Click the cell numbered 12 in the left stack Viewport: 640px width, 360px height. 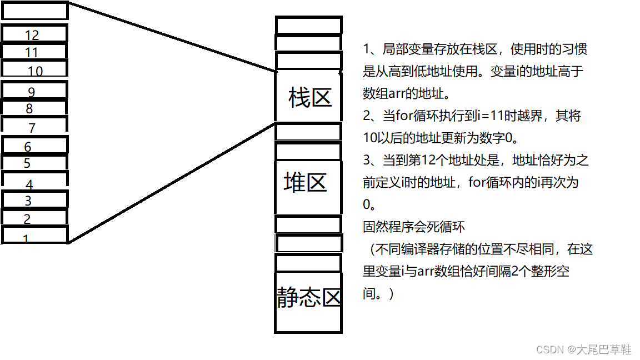click(x=34, y=34)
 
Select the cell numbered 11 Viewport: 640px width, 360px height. click(x=34, y=52)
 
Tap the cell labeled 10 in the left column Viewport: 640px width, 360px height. click(x=34, y=69)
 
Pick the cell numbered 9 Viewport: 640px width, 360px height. click(x=34, y=91)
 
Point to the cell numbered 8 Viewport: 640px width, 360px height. click(x=34, y=108)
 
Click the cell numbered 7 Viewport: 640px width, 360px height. click(x=34, y=126)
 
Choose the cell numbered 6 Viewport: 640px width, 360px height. click(x=34, y=146)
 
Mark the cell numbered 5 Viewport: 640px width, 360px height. click(x=34, y=163)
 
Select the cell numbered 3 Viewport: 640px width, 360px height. click(x=34, y=200)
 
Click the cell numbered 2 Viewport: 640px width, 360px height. click(x=34, y=218)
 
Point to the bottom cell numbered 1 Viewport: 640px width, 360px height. click(x=34, y=236)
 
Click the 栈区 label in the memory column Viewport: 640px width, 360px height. click(x=309, y=98)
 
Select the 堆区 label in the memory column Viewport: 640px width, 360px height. click(x=306, y=182)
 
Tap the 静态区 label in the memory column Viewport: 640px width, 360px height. click(x=309, y=298)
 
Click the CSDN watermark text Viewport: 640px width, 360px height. click(x=584, y=349)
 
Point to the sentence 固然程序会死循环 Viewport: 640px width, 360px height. click(x=414, y=227)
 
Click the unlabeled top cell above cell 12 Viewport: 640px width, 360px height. click(x=34, y=11)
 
